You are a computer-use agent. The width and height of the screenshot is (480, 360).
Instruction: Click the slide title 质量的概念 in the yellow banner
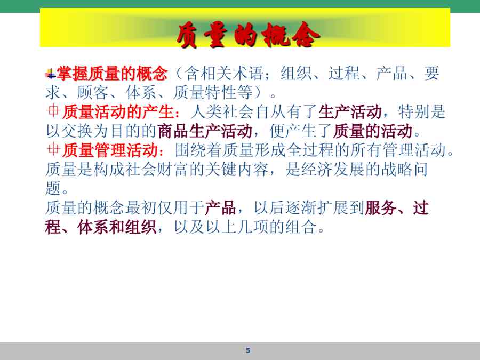point(248,35)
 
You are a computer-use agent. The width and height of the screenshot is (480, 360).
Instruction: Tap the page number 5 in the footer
point(248,350)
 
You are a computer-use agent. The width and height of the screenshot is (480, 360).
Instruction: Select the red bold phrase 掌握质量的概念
point(113,74)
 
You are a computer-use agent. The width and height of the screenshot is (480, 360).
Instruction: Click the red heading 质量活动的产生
point(118,112)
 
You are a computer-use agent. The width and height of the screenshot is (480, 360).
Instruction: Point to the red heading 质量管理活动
point(110,150)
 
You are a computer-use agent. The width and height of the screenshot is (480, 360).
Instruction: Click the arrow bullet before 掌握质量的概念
point(51,74)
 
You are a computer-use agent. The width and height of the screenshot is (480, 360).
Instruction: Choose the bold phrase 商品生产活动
point(204,131)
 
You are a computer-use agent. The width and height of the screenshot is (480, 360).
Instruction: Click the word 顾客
point(92,92)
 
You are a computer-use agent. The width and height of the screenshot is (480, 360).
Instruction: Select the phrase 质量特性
point(204,92)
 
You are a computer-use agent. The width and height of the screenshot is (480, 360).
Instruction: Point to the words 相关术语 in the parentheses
point(232,74)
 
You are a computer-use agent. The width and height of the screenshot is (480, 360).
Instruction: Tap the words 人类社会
point(222,112)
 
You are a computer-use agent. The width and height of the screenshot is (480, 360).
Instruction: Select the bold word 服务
point(380,208)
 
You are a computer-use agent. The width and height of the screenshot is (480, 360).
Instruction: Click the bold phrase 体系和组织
point(117,227)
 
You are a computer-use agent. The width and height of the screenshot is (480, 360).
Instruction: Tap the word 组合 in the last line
point(301,227)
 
